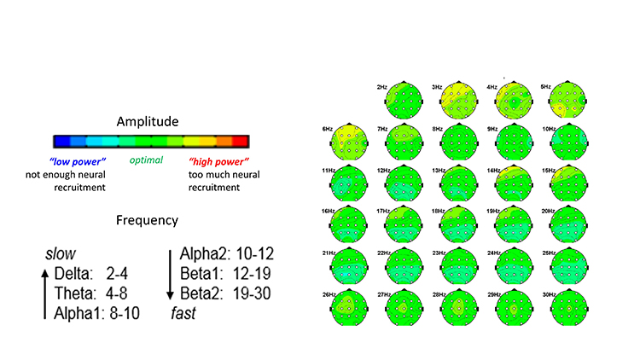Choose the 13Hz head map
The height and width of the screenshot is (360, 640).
click(459, 183)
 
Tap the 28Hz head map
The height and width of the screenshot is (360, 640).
click(459, 307)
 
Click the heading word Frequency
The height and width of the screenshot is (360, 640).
click(147, 220)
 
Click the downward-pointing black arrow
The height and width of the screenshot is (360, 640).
click(170, 276)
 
